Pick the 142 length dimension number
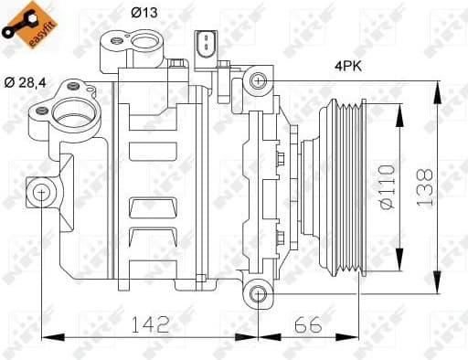pyautogui.click(x=150, y=323)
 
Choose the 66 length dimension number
pyautogui.click(x=307, y=323)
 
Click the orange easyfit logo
pyautogui.click(x=24, y=23)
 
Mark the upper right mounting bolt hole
pyautogui.click(x=259, y=81)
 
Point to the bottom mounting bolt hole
pyautogui.click(x=259, y=293)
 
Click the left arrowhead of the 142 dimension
pyautogui.click(x=46, y=335)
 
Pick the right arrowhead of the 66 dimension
pyautogui.click(x=354, y=335)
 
